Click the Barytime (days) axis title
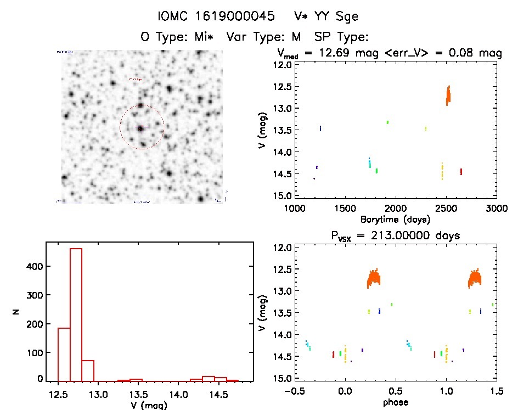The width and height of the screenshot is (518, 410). (396, 220)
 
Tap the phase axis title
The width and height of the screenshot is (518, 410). (395, 402)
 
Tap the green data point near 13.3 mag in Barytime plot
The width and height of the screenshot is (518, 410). (387, 122)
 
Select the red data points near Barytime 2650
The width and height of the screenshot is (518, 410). (461, 171)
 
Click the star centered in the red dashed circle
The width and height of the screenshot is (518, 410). (142, 128)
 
